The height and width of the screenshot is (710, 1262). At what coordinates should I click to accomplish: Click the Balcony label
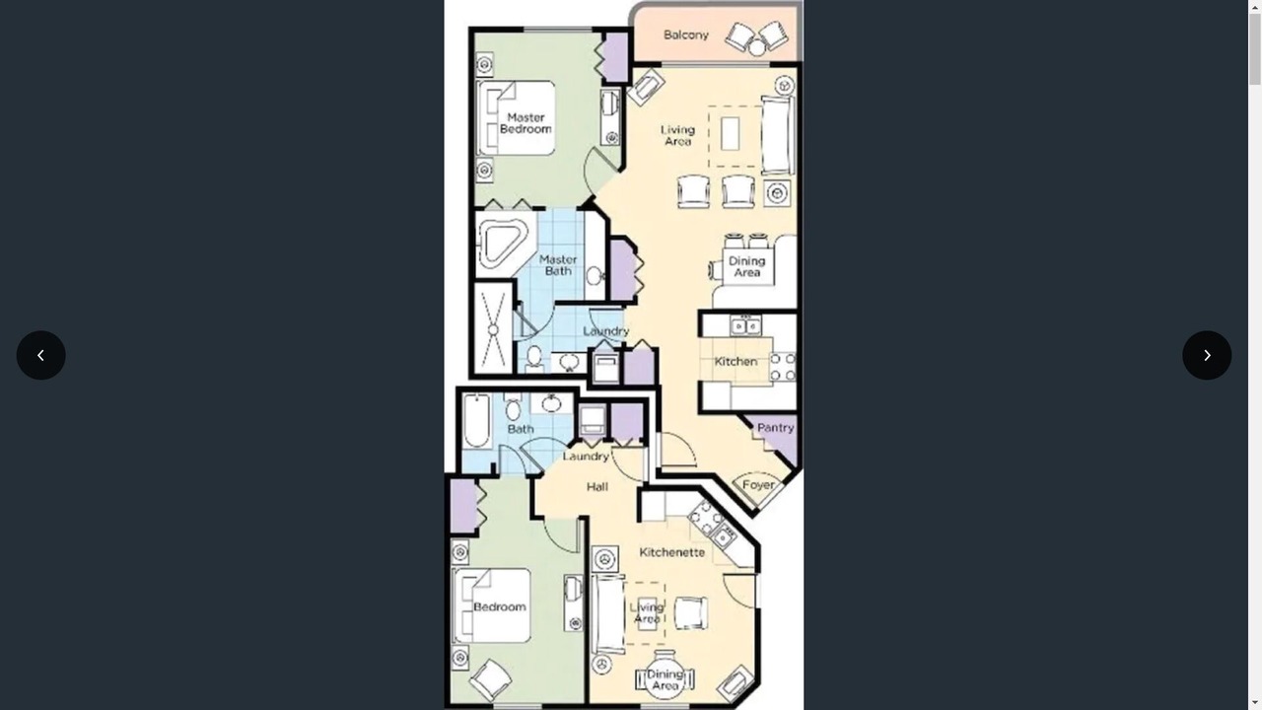tap(685, 35)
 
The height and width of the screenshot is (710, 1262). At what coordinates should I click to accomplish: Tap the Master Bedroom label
tap(526, 123)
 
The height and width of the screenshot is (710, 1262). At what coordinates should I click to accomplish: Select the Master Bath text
tap(558, 265)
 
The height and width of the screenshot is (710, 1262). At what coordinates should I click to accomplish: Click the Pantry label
tap(776, 428)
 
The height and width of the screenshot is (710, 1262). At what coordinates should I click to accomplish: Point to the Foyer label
tap(758, 485)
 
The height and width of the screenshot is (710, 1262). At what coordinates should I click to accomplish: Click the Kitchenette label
tap(672, 552)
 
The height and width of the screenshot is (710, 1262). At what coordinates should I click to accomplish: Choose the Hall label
tap(597, 487)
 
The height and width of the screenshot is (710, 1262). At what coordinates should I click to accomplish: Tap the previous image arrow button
tap(41, 355)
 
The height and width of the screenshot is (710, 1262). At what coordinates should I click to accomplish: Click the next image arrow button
tap(1207, 355)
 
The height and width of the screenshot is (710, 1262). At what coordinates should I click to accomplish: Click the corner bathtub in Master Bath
tap(503, 243)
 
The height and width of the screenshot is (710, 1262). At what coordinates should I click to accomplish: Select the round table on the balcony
tap(756, 48)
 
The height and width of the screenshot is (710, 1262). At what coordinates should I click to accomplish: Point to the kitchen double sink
tap(745, 325)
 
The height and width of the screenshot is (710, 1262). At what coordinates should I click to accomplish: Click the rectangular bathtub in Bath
tap(476, 421)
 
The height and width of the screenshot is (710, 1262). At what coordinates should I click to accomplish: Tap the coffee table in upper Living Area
tap(731, 133)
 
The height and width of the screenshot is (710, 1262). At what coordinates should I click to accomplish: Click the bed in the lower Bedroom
tap(492, 605)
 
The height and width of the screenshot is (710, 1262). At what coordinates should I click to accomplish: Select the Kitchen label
tap(736, 361)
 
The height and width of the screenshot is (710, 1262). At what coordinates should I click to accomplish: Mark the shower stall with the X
tap(493, 328)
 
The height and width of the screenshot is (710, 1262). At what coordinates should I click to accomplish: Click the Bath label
tap(521, 429)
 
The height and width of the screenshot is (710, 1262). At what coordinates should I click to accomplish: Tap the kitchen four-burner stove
tap(783, 367)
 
